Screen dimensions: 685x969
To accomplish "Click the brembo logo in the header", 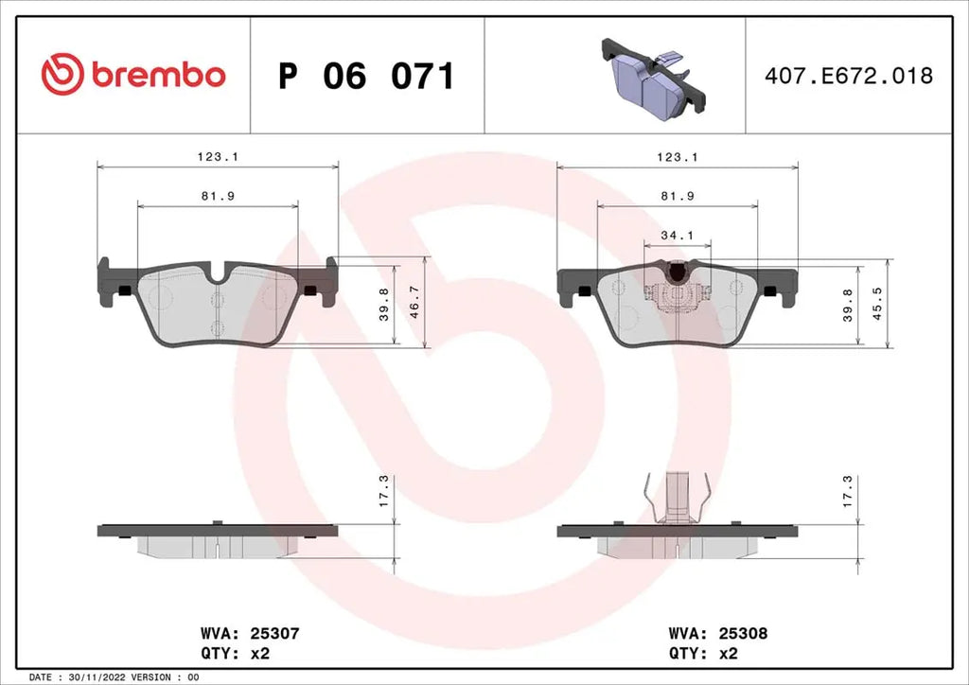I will pos(133,75).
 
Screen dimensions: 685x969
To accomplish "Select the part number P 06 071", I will pos(366,76).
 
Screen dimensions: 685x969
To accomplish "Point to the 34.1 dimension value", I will pos(676,236).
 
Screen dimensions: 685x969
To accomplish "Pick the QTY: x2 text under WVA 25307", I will pos(237,653).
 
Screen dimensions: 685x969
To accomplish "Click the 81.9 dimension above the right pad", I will pos(677,196).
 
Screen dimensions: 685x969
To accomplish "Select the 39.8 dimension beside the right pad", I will pos(849,303).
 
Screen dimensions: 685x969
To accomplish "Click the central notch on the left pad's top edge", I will pos(219,276).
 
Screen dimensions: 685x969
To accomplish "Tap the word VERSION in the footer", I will pos(143,678).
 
